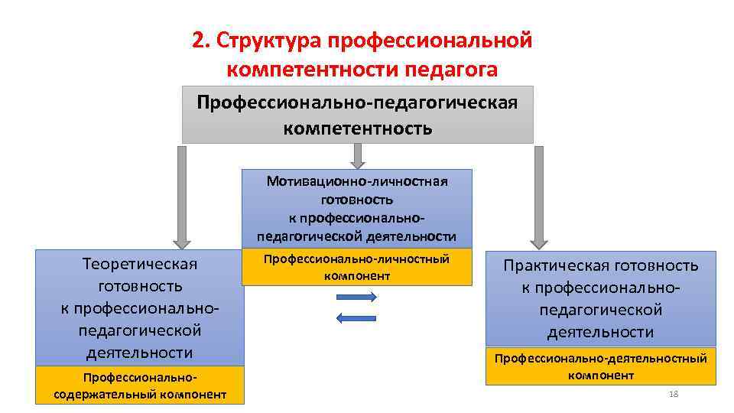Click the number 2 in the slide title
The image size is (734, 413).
(197, 41)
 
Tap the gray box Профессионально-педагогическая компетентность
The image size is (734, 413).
(357, 115)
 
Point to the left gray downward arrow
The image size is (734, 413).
(181, 197)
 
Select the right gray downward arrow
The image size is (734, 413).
(538, 197)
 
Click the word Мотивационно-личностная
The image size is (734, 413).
(357, 181)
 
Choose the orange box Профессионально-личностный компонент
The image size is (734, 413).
(357, 268)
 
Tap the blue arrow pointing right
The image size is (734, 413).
(357, 298)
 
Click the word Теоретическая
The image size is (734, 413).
(140, 264)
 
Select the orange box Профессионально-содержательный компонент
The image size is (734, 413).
(140, 385)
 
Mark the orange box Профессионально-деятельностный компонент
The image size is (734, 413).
(601, 366)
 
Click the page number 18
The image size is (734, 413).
(674, 394)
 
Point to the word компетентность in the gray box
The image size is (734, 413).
(357, 128)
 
